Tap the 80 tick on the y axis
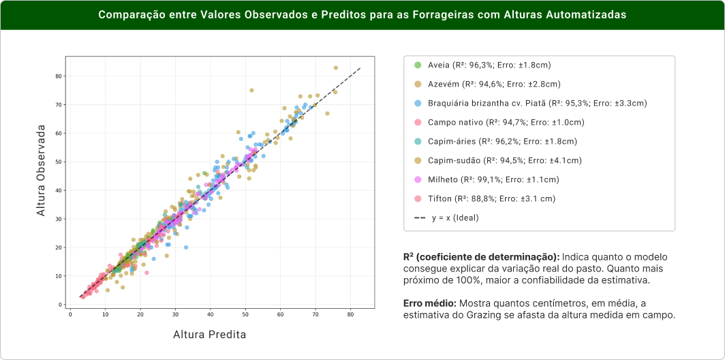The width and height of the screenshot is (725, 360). [x=60, y=76]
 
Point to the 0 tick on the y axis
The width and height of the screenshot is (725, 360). [x=61, y=305]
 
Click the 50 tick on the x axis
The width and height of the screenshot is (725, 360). [x=245, y=314]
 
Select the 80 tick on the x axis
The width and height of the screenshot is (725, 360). [x=350, y=314]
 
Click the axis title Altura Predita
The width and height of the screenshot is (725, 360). [x=210, y=335]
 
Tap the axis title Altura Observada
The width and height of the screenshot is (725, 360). [x=41, y=171]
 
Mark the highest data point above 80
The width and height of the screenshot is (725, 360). [x=335, y=67]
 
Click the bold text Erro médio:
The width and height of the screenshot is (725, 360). [x=429, y=303]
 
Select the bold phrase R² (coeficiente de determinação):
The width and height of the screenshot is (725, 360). [x=481, y=257]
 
